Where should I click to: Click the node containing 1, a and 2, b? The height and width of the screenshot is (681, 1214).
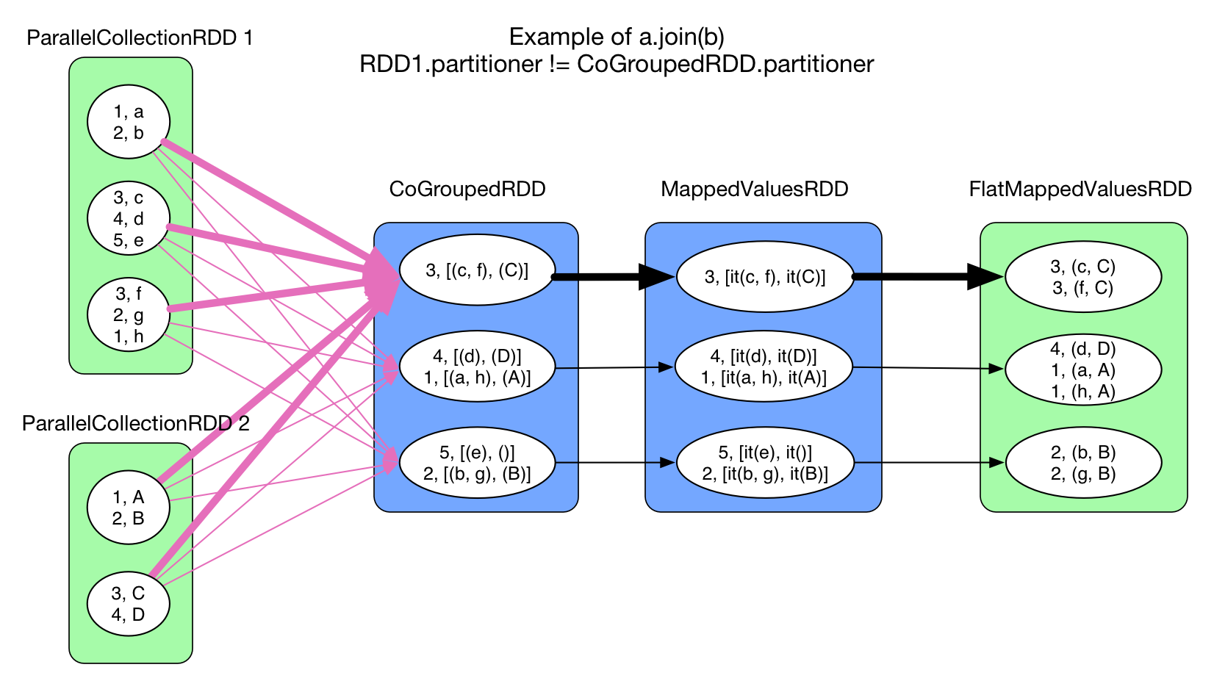tap(129, 123)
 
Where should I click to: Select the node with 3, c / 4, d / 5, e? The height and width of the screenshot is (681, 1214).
tap(129, 219)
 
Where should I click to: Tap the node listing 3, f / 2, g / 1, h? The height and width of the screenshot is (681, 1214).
tap(129, 315)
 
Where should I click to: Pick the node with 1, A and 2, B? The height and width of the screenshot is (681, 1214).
tap(129, 508)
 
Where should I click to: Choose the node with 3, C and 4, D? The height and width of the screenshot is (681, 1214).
tap(129, 604)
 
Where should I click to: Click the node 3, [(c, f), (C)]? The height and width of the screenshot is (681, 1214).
tap(477, 270)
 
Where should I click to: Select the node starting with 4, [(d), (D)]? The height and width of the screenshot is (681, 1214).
tap(477, 367)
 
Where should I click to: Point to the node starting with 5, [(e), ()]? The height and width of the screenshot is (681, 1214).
tap(477, 463)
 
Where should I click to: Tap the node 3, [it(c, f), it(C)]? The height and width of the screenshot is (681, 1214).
tap(765, 277)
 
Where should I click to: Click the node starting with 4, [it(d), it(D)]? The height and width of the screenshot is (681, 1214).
tap(764, 367)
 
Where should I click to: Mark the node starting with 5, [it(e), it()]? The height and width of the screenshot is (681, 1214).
tap(765, 463)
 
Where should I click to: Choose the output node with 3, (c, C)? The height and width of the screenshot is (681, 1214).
tap(1083, 277)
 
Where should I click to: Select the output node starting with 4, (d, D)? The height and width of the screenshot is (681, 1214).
tap(1083, 370)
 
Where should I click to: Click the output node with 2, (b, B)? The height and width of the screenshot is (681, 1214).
tap(1083, 463)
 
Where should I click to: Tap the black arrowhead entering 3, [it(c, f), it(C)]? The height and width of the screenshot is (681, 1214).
tap(659, 277)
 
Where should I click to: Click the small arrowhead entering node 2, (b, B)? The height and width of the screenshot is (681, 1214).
tap(996, 463)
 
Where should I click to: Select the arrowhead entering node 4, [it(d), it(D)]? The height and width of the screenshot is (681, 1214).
tap(665, 367)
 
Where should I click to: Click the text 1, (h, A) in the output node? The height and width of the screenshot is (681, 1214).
tap(1083, 392)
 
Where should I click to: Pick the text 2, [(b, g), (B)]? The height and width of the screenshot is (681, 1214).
tap(477, 474)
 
